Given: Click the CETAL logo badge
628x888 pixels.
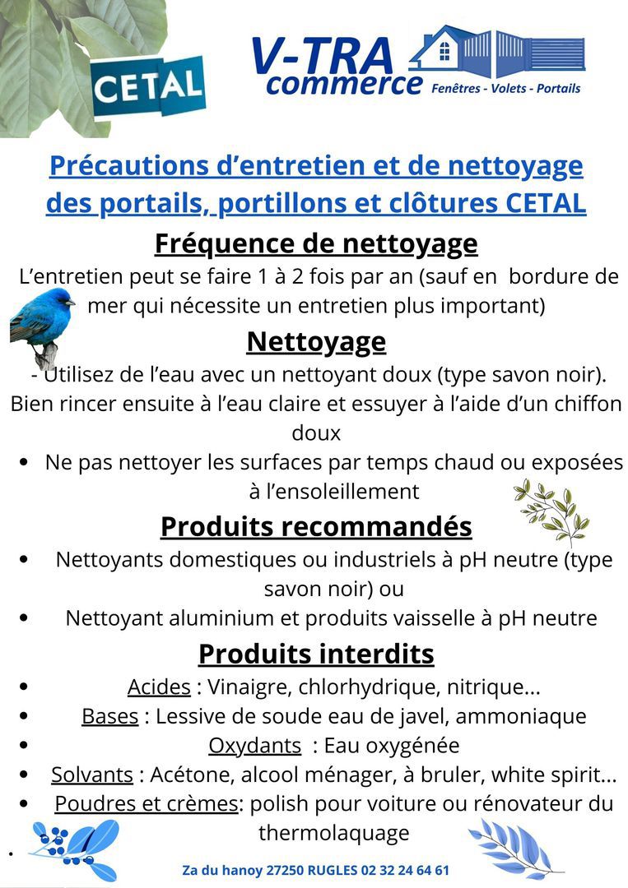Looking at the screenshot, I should (x=147, y=86).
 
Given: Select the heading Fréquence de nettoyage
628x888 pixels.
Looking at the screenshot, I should (x=316, y=243).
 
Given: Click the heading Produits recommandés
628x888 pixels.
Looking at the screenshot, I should (x=316, y=526).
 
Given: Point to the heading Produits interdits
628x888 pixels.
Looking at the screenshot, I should (x=316, y=654).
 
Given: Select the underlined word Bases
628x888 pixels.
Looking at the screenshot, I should (x=109, y=715).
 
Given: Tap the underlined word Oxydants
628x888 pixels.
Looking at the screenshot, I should (x=254, y=745).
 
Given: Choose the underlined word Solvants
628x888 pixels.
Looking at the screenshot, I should (x=92, y=775).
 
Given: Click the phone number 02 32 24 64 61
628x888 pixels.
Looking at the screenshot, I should (x=406, y=870).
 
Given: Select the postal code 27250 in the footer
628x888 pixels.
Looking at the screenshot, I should (x=285, y=870).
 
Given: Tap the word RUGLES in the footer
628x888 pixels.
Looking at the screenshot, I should (x=333, y=870).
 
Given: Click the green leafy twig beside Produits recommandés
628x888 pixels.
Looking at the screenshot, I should (x=551, y=511).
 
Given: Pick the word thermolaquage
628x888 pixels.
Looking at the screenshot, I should (x=334, y=832).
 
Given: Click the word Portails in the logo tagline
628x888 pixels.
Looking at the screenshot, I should (x=558, y=88).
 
